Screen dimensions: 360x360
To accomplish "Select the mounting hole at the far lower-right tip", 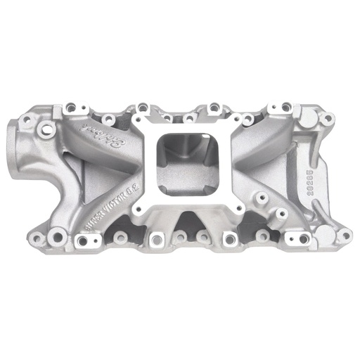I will [344, 236].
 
